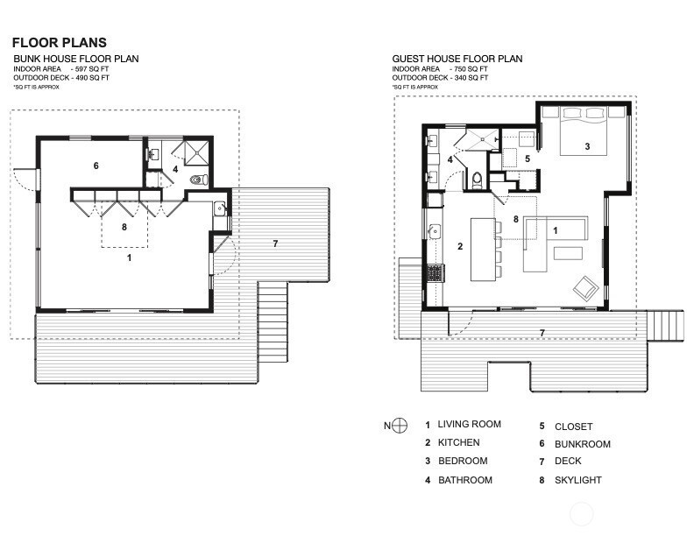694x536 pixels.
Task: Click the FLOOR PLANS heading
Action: point(60,42)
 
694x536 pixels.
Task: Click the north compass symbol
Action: point(400,426)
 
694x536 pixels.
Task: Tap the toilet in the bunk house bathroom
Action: point(199,180)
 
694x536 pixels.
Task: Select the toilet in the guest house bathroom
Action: point(477,180)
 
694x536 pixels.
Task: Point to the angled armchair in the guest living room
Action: point(585,289)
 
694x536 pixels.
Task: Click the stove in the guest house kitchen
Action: point(435,273)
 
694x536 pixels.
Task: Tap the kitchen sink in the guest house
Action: point(436,231)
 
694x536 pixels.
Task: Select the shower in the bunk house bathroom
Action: point(196,153)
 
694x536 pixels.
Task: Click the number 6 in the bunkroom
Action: point(96,166)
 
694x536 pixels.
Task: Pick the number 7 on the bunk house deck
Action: point(275,243)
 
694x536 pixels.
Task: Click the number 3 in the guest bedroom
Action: point(587,146)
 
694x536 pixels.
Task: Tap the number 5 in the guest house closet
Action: point(528,159)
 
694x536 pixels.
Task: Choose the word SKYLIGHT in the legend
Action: point(578,480)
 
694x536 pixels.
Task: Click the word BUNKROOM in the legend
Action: point(583,444)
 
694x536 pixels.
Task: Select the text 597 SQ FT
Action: point(92,69)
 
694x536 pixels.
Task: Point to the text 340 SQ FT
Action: point(471,78)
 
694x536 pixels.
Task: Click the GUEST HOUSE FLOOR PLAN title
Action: point(457,59)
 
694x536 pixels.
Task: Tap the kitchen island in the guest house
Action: point(483,249)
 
